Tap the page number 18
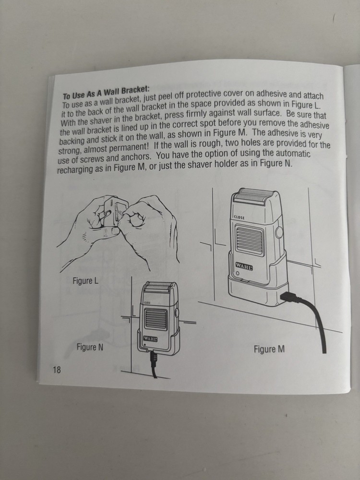[57, 370]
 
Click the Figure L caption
[85, 280]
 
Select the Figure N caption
[90, 347]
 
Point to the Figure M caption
[269, 349]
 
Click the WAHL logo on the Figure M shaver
[244, 266]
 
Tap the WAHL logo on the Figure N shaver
[150, 338]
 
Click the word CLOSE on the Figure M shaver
[239, 217]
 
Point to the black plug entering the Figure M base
[288, 297]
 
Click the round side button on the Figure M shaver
[279, 232]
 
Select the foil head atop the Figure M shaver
[253, 196]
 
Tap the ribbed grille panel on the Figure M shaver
[249, 240]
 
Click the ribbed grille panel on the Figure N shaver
[156, 319]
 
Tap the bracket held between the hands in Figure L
[114, 212]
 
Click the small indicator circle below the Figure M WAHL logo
[237, 273]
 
